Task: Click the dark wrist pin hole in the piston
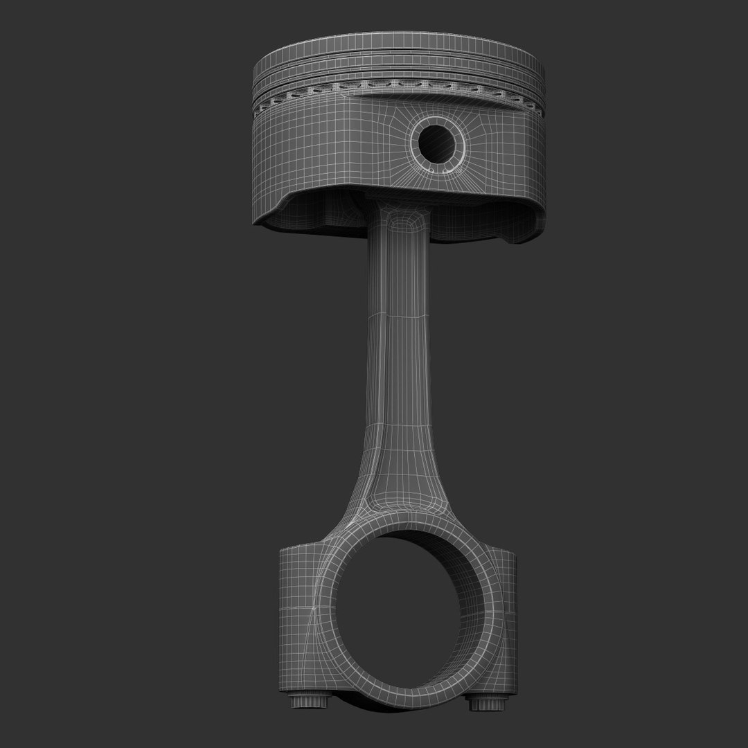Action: (440, 143)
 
